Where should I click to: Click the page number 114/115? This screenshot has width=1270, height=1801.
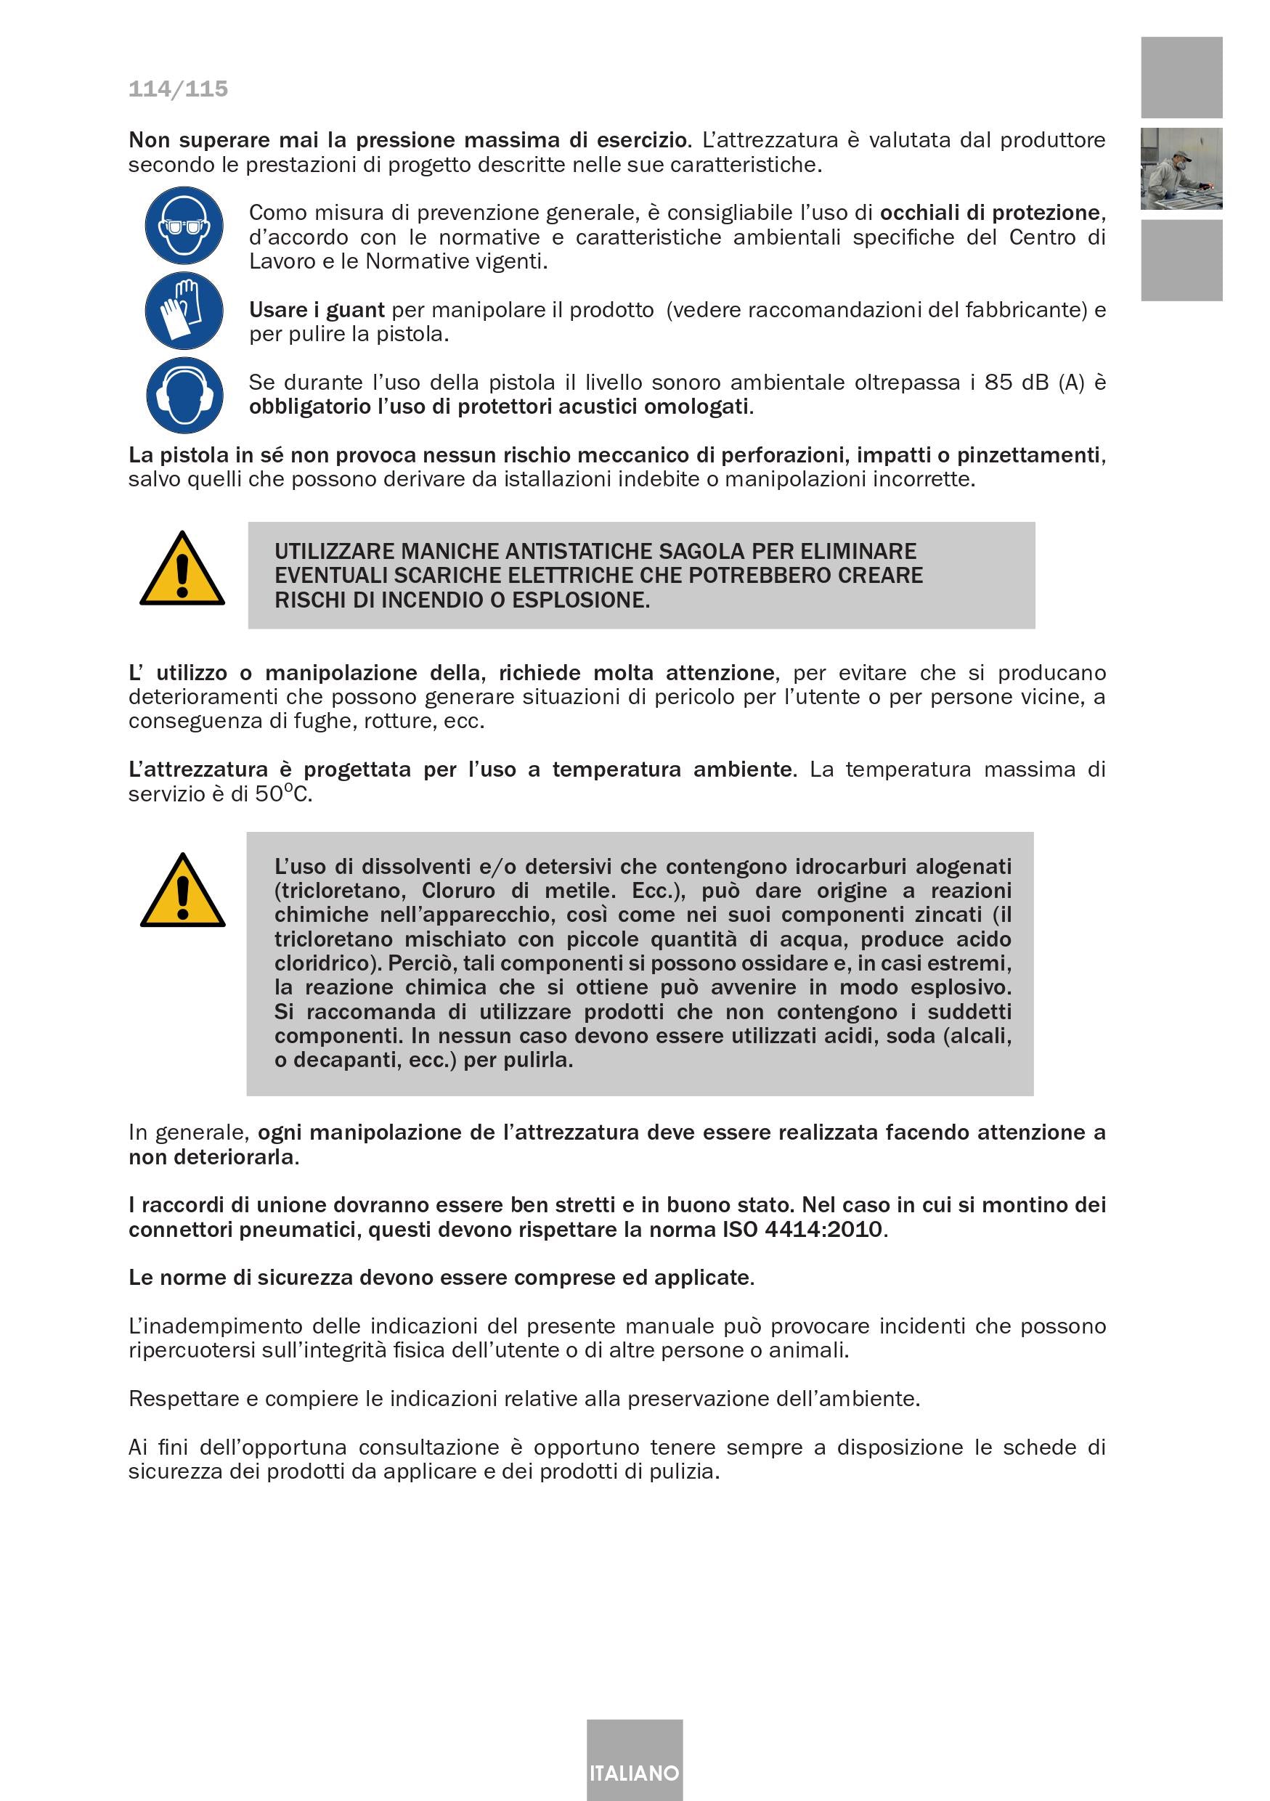178,89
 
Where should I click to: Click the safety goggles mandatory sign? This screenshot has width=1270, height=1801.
184,226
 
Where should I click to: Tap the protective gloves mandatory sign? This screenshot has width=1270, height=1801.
184,311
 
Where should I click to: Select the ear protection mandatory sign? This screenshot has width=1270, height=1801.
184,395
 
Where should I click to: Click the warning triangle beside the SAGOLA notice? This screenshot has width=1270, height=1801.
182,571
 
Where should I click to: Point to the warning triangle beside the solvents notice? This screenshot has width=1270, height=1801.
182,892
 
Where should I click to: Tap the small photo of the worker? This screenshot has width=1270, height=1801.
1181,168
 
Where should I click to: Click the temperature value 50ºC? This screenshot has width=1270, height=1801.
283,794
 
